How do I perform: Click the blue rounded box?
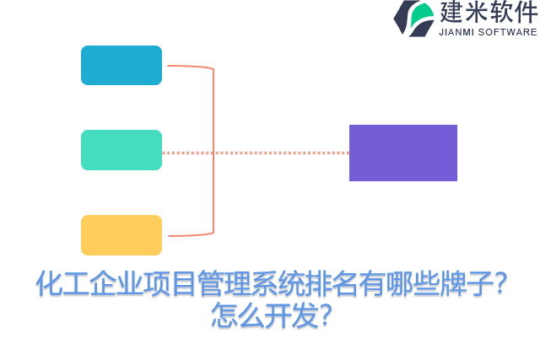[x=121, y=65]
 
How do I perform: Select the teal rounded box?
[x=121, y=150]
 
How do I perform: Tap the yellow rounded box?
[x=121, y=235]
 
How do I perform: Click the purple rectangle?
[x=403, y=153]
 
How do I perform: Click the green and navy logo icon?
[x=413, y=18]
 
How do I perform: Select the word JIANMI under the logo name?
[x=459, y=32]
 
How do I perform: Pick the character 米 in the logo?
[x=477, y=13]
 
